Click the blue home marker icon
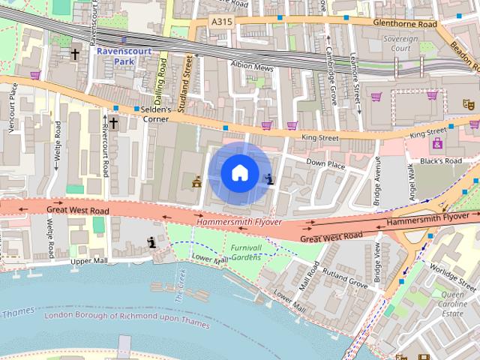239,172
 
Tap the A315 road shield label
222,22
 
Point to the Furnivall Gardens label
245,252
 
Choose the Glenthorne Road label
404,23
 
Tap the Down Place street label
325,163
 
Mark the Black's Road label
440,161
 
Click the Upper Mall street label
89,261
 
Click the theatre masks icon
466,103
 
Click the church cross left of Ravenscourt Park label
75,54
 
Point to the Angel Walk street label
410,181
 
